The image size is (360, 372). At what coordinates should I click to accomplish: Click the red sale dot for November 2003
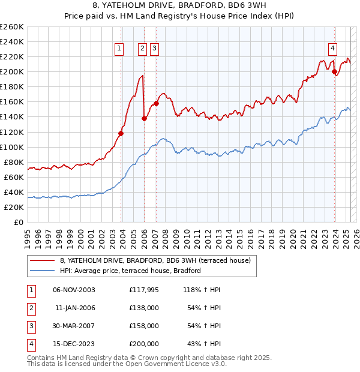coord(121,133)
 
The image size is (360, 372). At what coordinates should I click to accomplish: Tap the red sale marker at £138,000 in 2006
coord(144,118)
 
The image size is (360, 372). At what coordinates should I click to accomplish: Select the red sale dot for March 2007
coord(156,103)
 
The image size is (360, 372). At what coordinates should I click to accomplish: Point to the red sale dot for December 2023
coord(334,71)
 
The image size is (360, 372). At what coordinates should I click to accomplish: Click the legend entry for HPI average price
coord(130,271)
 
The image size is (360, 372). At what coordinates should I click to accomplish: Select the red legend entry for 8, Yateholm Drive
coord(158,260)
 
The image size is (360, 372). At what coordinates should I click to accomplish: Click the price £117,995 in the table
coord(143,290)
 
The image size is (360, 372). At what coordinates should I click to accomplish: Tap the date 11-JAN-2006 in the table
coord(75,308)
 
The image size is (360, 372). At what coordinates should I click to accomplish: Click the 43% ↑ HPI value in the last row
coord(205,344)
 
